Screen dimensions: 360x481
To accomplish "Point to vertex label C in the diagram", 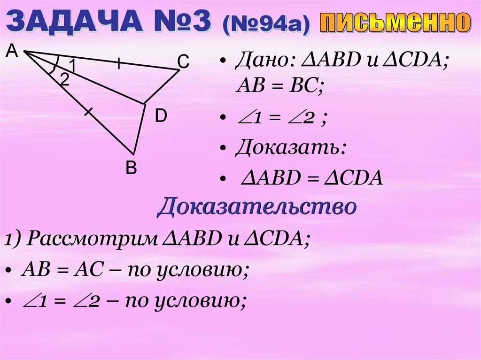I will (x=183, y=61).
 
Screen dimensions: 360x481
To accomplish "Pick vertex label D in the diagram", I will (x=161, y=116).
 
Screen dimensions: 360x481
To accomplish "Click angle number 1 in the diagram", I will (x=72, y=64).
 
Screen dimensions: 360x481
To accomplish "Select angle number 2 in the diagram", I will (x=64, y=79).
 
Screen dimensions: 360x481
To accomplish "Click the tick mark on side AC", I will (x=119, y=63).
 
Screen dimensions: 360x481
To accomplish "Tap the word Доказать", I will (x=291, y=148).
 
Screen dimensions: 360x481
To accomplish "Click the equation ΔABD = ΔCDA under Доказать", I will (x=312, y=178).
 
